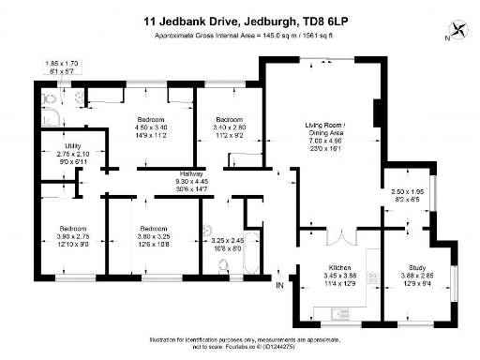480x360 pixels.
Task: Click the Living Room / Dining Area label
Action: [x=325, y=129]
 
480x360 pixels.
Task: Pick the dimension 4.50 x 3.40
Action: [x=152, y=127]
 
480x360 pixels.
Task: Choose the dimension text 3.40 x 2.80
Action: [x=230, y=127]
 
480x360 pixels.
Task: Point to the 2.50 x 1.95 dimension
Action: [x=409, y=191]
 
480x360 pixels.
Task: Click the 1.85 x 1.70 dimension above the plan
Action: [x=61, y=62]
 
